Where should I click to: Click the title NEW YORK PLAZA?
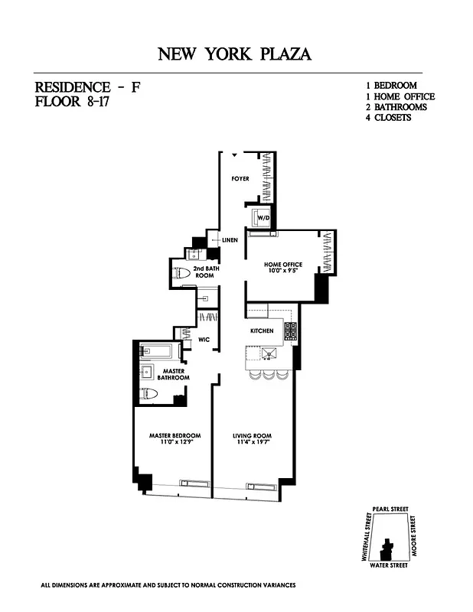pyautogui.click(x=235, y=54)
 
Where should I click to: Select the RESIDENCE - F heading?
pyautogui.click(x=87, y=87)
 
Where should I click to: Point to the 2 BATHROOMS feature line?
pyautogui.click(x=395, y=107)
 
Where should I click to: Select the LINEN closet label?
pyautogui.click(x=230, y=240)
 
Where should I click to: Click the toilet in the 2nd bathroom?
pyautogui.click(x=184, y=273)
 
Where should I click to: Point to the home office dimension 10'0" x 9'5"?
pyautogui.click(x=282, y=272)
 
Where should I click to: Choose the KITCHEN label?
pyautogui.click(x=262, y=330)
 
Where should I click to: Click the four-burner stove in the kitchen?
pyautogui.click(x=291, y=330)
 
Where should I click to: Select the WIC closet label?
pyautogui.click(x=204, y=338)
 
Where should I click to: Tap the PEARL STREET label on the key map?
pyautogui.click(x=390, y=509)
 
